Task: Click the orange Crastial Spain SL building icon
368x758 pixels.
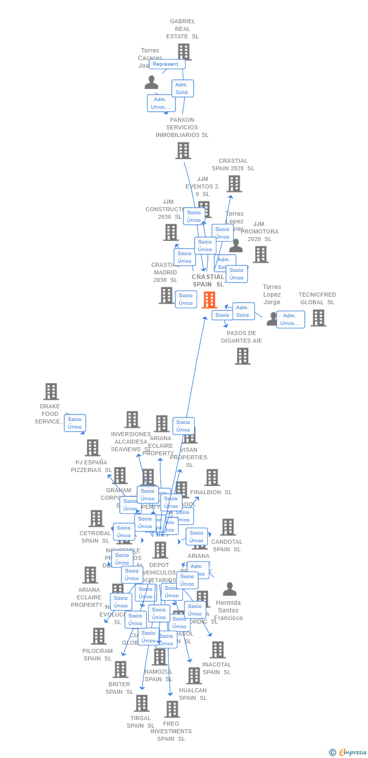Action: click(x=209, y=300)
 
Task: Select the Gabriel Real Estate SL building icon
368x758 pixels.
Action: click(x=184, y=52)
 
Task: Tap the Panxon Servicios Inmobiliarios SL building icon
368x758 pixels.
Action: click(x=183, y=150)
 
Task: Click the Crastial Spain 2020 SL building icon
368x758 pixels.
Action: click(x=234, y=183)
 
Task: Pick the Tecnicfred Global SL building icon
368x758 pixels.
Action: click(x=318, y=318)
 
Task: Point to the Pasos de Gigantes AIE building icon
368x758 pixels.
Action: click(x=243, y=356)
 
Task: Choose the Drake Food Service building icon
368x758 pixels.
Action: click(x=51, y=391)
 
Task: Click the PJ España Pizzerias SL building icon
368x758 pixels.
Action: click(x=93, y=447)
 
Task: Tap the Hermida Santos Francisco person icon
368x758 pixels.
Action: click(x=230, y=589)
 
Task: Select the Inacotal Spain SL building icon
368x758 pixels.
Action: click(x=217, y=650)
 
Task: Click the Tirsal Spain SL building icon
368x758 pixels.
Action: click(x=142, y=702)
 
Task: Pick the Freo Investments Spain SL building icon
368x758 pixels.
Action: click(x=172, y=708)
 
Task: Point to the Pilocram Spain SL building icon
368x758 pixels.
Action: click(x=99, y=636)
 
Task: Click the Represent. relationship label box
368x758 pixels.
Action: click(x=167, y=64)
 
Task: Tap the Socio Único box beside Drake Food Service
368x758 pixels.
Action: click(x=75, y=423)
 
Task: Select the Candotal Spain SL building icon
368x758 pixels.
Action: click(x=227, y=527)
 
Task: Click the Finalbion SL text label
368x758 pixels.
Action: click(x=211, y=492)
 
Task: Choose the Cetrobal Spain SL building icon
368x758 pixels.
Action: click(x=97, y=518)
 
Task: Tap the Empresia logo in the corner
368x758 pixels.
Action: click(x=348, y=752)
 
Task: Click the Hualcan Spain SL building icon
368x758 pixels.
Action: click(x=194, y=675)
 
